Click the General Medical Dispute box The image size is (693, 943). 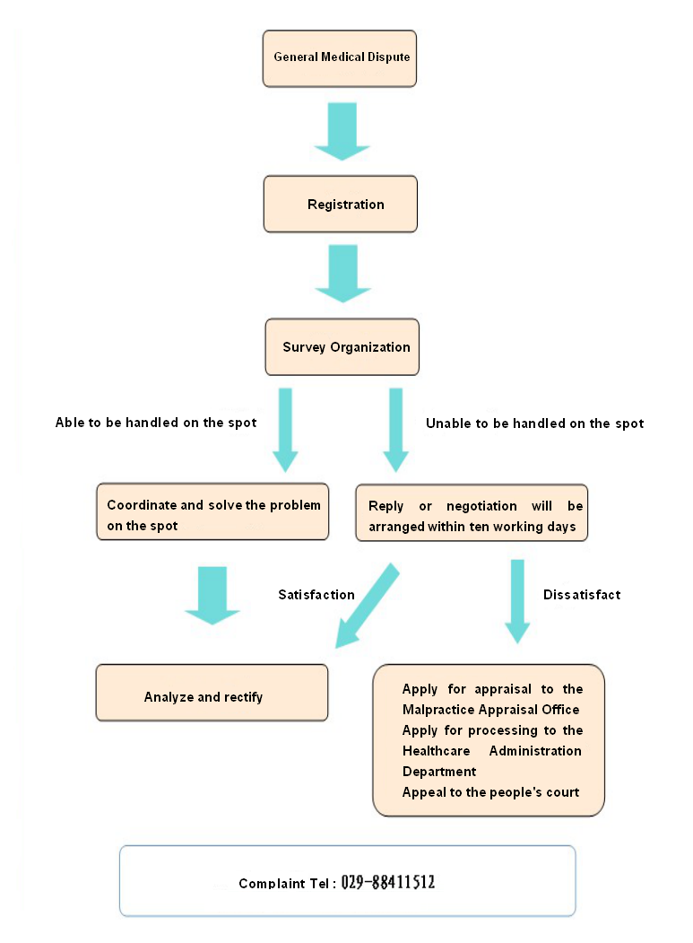[340, 58]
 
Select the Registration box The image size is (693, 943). [340, 204]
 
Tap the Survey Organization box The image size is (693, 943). [342, 347]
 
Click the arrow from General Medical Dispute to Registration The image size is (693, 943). [342, 131]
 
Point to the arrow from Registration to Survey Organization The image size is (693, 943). [343, 274]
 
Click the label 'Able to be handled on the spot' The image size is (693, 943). [156, 423]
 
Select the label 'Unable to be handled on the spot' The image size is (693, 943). [534, 423]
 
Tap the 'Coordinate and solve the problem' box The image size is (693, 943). [212, 511]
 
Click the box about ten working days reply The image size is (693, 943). [472, 513]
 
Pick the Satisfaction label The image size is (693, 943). [316, 595]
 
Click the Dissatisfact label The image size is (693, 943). [582, 595]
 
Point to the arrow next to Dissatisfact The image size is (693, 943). [517, 601]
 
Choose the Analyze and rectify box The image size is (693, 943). [212, 693]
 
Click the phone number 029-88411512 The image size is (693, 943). [387, 882]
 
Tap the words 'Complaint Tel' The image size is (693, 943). [283, 884]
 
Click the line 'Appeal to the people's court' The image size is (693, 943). [490, 792]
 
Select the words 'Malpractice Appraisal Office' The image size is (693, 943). [491, 710]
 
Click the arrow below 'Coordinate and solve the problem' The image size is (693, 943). [212, 596]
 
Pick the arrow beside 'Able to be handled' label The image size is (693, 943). [285, 430]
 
